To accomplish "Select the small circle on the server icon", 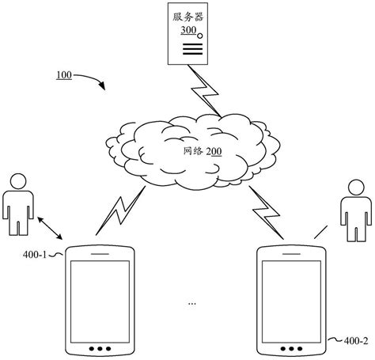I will (x=201, y=36).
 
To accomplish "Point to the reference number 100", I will (x=65, y=76).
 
